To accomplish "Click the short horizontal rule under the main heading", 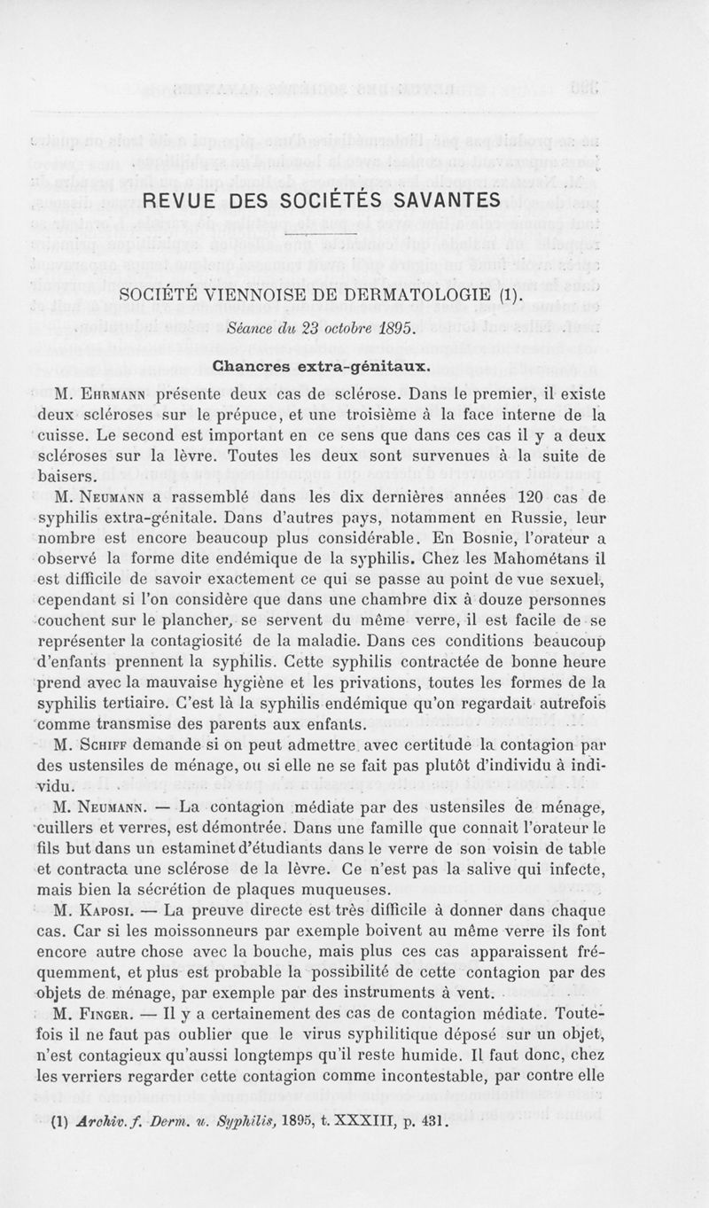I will pos(323,233).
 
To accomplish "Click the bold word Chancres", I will pos(253,364).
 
